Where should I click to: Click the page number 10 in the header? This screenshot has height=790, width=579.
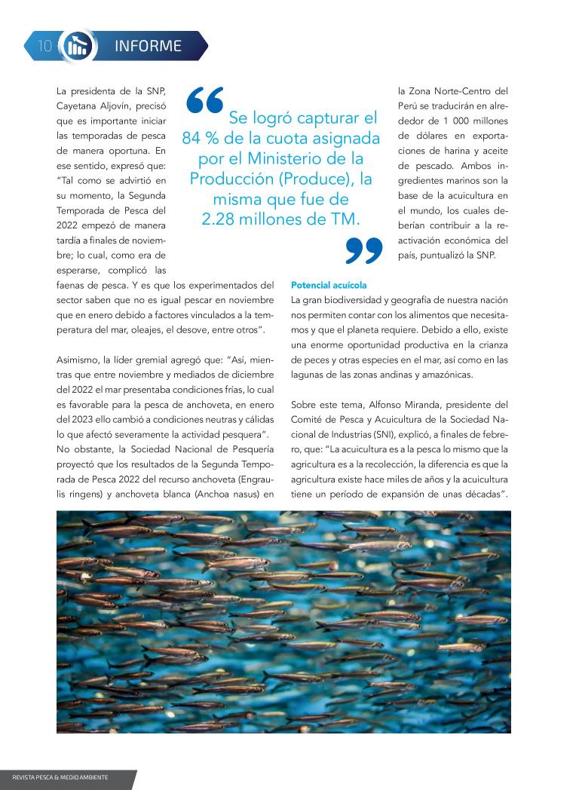44,46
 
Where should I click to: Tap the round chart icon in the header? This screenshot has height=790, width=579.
77,46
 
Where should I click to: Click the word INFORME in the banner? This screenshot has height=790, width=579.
148,46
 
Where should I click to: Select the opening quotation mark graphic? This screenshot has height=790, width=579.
204,100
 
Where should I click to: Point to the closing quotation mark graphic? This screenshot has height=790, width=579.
364,250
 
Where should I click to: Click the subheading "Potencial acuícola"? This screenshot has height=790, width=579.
329,286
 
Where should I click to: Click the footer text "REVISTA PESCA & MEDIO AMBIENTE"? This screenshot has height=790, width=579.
60,777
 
